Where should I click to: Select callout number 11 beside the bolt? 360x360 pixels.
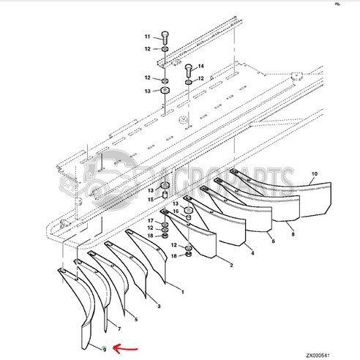click(x=146, y=37)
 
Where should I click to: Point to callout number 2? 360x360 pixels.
click(x=230, y=263)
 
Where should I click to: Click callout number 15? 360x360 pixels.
click(x=150, y=199)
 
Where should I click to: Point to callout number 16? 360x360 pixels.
click(x=175, y=211)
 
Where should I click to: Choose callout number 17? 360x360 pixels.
click(x=150, y=220)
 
